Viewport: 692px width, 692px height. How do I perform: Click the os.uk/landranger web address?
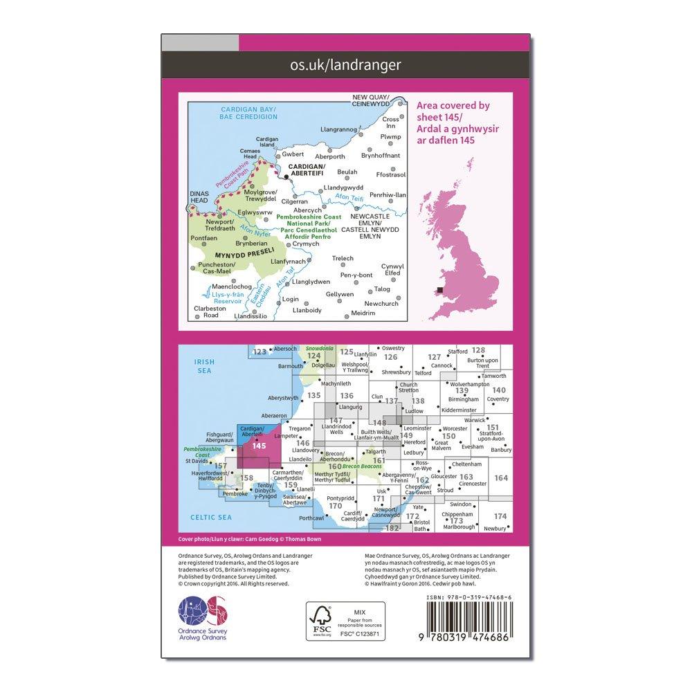click(x=346, y=66)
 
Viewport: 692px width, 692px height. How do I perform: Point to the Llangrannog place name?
click(x=339, y=129)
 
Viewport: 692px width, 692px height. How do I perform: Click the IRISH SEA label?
click(x=205, y=366)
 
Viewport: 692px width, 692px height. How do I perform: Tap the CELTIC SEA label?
click(x=208, y=517)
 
